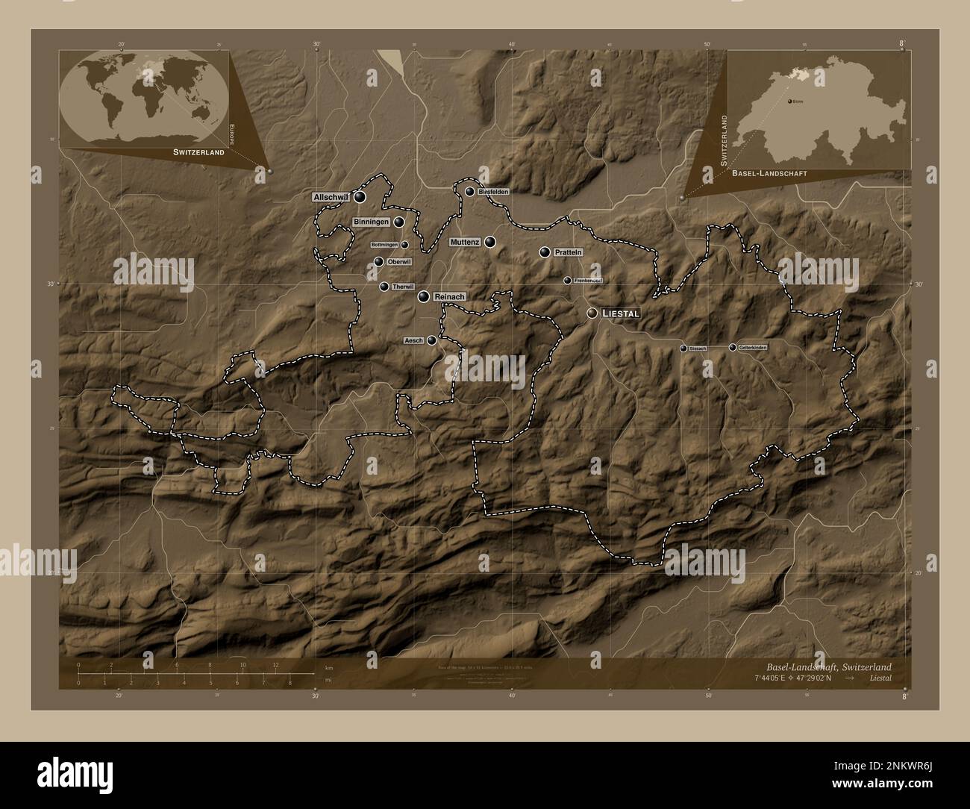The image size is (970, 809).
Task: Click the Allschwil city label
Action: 331,197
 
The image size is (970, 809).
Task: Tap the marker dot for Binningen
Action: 399,222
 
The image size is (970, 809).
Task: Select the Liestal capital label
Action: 619,314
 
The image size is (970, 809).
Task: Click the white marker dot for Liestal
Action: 592,313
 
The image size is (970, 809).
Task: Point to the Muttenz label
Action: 464,243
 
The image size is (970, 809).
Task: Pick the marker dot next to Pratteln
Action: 545,253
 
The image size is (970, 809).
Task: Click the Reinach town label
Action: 448,297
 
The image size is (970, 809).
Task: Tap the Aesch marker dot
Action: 431,340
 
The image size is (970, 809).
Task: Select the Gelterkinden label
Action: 752,348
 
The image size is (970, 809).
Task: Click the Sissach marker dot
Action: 683,349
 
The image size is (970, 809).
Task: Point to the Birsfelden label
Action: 493,192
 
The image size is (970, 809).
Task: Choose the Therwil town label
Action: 401,287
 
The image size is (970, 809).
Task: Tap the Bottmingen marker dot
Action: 404,245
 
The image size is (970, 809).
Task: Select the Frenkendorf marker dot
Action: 567,281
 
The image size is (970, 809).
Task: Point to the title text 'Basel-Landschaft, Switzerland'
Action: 827,666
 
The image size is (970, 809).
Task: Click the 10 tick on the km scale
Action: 242,667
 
